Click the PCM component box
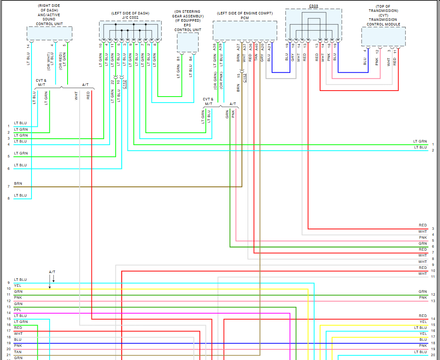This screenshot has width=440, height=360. click(x=244, y=30)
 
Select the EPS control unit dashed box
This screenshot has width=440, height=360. click(x=187, y=43)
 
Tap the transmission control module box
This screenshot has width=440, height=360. click(x=383, y=37)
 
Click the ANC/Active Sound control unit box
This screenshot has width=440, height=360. click(x=49, y=33)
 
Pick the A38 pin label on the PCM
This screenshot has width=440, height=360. click(x=215, y=46)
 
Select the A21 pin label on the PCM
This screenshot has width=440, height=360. click(x=269, y=46)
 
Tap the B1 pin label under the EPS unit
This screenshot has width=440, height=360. click(x=179, y=59)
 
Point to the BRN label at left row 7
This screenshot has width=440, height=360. click(x=18, y=183)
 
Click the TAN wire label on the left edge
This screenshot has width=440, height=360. click(x=18, y=351)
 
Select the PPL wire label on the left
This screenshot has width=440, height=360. click(x=17, y=310)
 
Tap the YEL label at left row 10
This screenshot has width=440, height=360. click(x=17, y=286)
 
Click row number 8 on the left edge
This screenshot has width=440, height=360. click(x=9, y=198)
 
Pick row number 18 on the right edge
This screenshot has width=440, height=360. click(x=433, y=343)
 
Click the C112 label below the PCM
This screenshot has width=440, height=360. click(x=245, y=77)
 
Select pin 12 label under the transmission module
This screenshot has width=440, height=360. click(x=377, y=51)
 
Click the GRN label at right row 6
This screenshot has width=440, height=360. click(x=423, y=243)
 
